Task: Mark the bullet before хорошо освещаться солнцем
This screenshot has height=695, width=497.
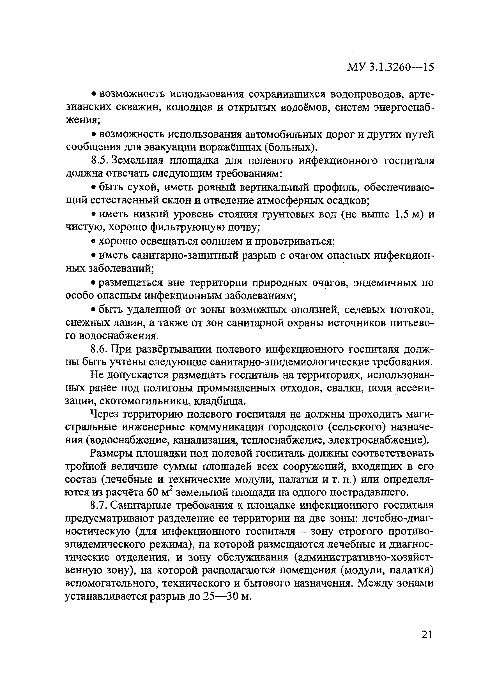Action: point(94,242)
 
